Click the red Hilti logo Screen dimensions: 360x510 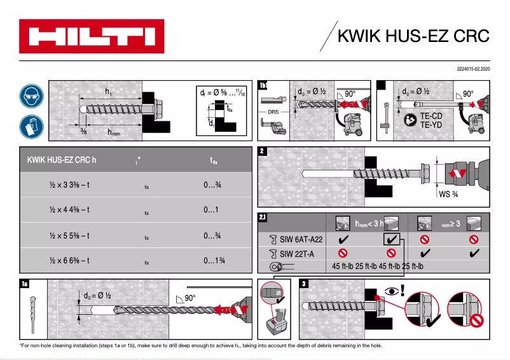[x=92, y=36]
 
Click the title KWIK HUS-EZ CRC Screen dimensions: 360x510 [x=412, y=36]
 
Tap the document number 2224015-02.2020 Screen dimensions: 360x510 [x=474, y=68]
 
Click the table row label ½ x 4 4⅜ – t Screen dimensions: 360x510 [x=69, y=209]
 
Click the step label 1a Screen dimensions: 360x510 [x=25, y=284]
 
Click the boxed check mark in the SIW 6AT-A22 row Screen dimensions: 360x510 [x=392, y=240]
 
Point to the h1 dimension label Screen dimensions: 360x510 [x=109, y=92]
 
